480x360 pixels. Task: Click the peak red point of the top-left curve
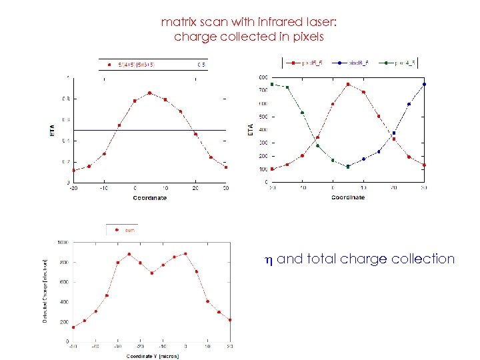tap(149, 93)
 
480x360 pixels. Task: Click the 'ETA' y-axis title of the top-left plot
tap(52, 130)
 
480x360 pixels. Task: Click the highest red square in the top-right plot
tap(348, 84)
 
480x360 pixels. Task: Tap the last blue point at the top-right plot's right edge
tap(424, 85)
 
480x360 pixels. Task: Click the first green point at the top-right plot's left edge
tap(272, 85)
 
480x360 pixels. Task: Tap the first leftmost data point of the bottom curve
tap(73, 327)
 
